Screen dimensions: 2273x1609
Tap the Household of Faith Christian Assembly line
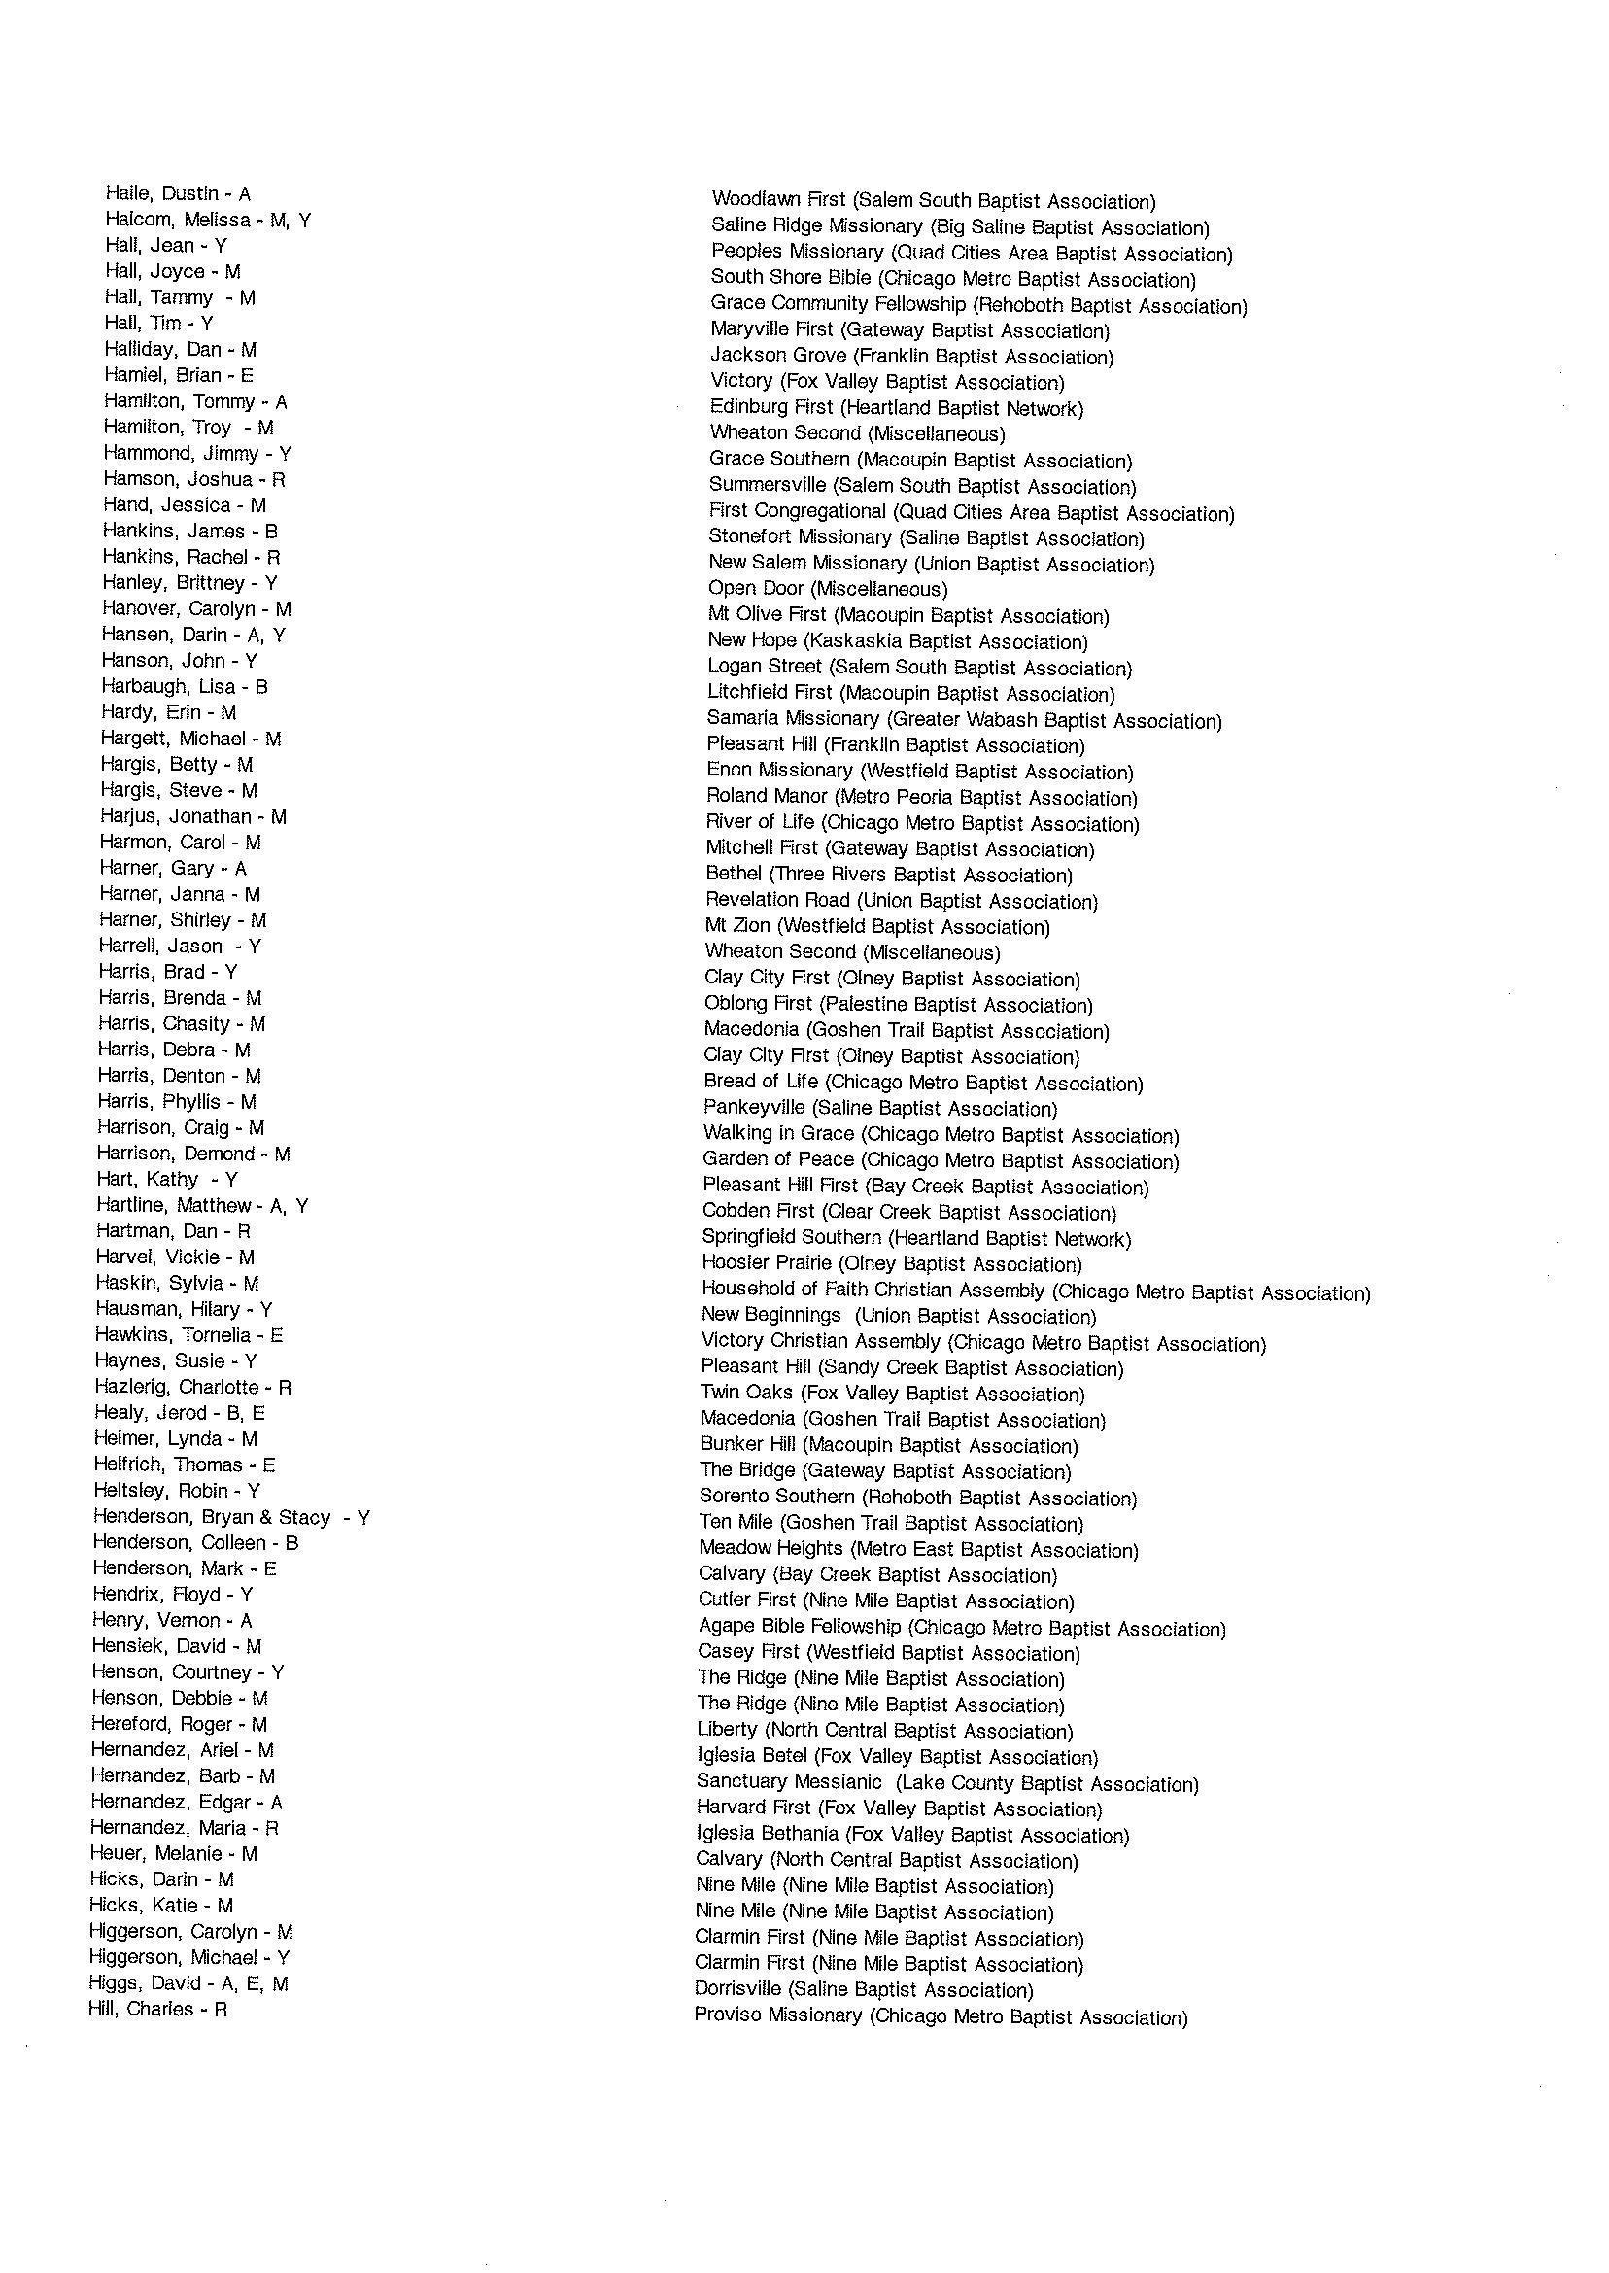pos(1036,1291)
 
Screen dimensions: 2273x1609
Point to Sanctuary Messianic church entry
pos(947,1783)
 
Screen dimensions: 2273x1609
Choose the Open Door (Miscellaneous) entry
pos(827,589)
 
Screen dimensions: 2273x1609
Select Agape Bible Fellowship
pos(961,1627)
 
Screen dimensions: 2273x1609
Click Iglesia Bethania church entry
pos(911,1835)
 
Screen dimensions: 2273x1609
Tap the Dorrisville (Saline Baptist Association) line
pos(863,1989)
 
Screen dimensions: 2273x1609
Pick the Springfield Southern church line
pos(915,1238)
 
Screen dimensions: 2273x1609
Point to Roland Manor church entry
pos(921,797)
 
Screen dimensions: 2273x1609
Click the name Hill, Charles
pos(157,2010)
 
